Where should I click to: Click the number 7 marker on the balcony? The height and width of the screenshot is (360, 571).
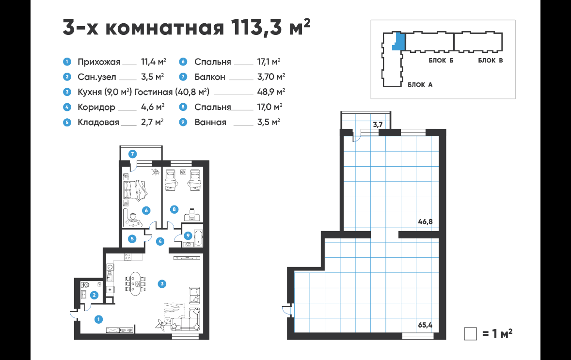[132, 154]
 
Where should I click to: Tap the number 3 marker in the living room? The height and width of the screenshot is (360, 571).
[162, 284]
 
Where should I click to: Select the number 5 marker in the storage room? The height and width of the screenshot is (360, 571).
[132, 239]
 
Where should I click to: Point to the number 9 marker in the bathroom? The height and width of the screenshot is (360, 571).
[188, 236]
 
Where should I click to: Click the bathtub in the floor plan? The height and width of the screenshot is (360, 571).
[198, 238]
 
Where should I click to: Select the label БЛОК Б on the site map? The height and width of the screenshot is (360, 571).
[441, 61]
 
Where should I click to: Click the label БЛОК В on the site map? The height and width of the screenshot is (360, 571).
[491, 61]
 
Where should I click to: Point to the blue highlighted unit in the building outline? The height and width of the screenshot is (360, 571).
[399, 41]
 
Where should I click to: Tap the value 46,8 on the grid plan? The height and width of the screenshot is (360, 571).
[425, 221]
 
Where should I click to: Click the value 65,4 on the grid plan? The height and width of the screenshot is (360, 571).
[425, 325]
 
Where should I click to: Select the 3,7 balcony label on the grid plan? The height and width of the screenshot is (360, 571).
[378, 125]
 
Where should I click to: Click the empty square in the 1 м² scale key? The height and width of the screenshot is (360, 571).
[471, 334]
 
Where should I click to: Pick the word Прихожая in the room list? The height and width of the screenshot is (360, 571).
[99, 62]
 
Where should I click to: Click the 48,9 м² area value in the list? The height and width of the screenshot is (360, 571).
[271, 92]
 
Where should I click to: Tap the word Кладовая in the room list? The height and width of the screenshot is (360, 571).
[98, 122]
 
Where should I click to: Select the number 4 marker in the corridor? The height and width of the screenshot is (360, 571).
[160, 241]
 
